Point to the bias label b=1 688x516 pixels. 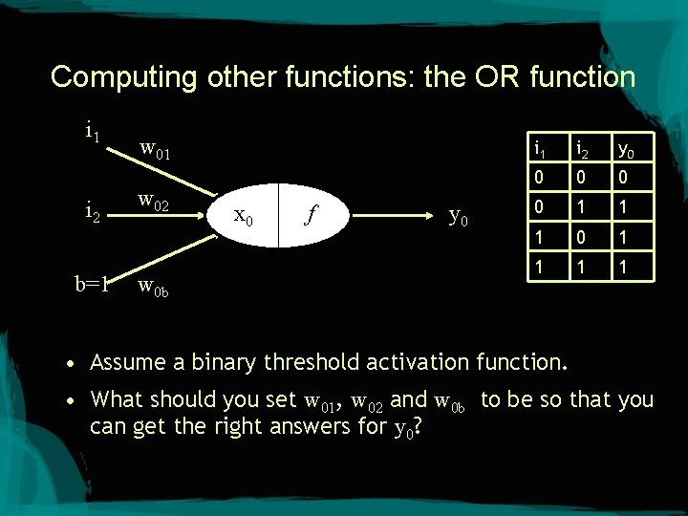coord(94,283)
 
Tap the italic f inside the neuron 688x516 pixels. coord(310,215)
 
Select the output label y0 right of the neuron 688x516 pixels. coord(459,217)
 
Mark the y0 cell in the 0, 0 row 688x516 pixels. coord(623,177)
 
